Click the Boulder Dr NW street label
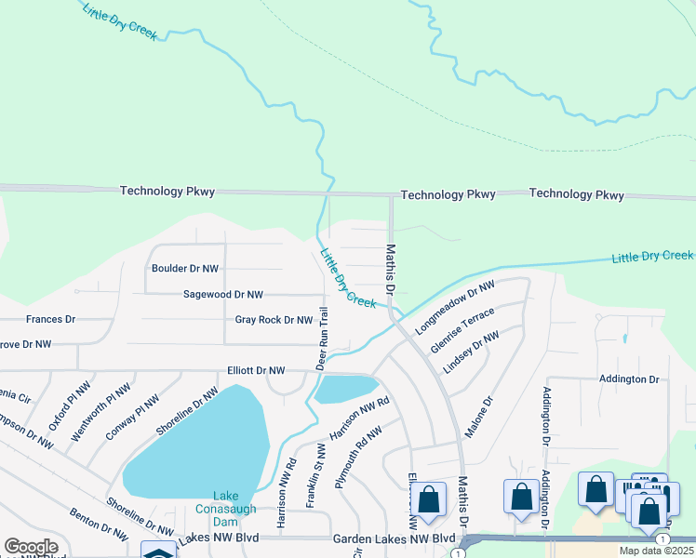click(x=184, y=269)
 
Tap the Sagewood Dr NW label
click(x=223, y=295)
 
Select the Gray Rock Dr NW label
click(x=274, y=320)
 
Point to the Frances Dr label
click(x=50, y=319)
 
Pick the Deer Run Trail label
click(x=325, y=339)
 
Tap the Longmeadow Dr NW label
click(x=452, y=307)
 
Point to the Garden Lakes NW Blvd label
click(x=395, y=539)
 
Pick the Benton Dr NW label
click(x=99, y=525)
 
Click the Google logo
click(x=31, y=547)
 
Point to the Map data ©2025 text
click(x=655, y=551)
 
